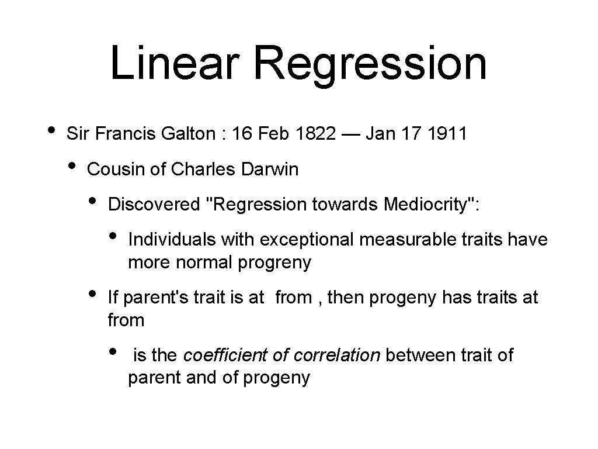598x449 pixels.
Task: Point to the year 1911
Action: click(x=447, y=134)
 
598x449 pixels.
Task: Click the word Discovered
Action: click(x=154, y=204)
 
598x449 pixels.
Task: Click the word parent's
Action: click(x=151, y=298)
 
